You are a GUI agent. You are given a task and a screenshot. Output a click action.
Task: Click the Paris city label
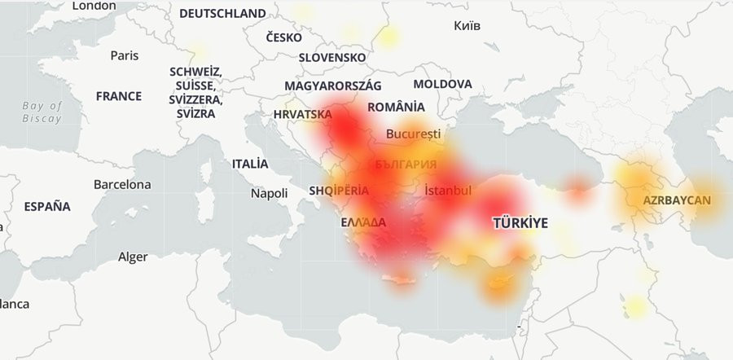click(125, 55)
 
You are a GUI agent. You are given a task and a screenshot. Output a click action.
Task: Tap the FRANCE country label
click(118, 96)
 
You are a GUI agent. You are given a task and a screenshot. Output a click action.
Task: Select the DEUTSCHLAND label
click(222, 14)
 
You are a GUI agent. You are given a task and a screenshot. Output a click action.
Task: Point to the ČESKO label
click(283, 37)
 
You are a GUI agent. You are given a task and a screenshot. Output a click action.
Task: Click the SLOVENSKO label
click(332, 58)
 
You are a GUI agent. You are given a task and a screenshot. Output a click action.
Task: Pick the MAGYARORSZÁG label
click(333, 86)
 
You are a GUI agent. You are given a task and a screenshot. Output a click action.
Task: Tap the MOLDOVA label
click(442, 84)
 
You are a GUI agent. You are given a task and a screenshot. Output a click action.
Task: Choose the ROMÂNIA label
click(396, 107)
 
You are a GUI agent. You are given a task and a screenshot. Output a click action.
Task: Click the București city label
click(414, 133)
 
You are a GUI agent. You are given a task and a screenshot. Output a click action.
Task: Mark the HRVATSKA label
click(303, 114)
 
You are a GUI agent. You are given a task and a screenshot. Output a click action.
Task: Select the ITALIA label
click(250, 164)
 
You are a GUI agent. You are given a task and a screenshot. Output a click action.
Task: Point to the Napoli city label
click(269, 193)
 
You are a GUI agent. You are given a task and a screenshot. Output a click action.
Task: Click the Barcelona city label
click(122, 184)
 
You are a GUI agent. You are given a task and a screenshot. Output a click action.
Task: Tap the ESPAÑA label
click(47, 207)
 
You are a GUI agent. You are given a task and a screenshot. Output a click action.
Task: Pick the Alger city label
click(133, 257)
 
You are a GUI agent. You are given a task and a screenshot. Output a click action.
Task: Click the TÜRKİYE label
click(520, 222)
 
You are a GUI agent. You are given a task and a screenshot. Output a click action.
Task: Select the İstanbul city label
click(448, 190)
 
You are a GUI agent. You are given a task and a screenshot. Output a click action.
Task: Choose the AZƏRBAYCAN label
click(677, 200)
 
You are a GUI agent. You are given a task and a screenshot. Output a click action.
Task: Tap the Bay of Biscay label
click(42, 112)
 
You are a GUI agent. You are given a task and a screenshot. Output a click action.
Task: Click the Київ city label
click(467, 25)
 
